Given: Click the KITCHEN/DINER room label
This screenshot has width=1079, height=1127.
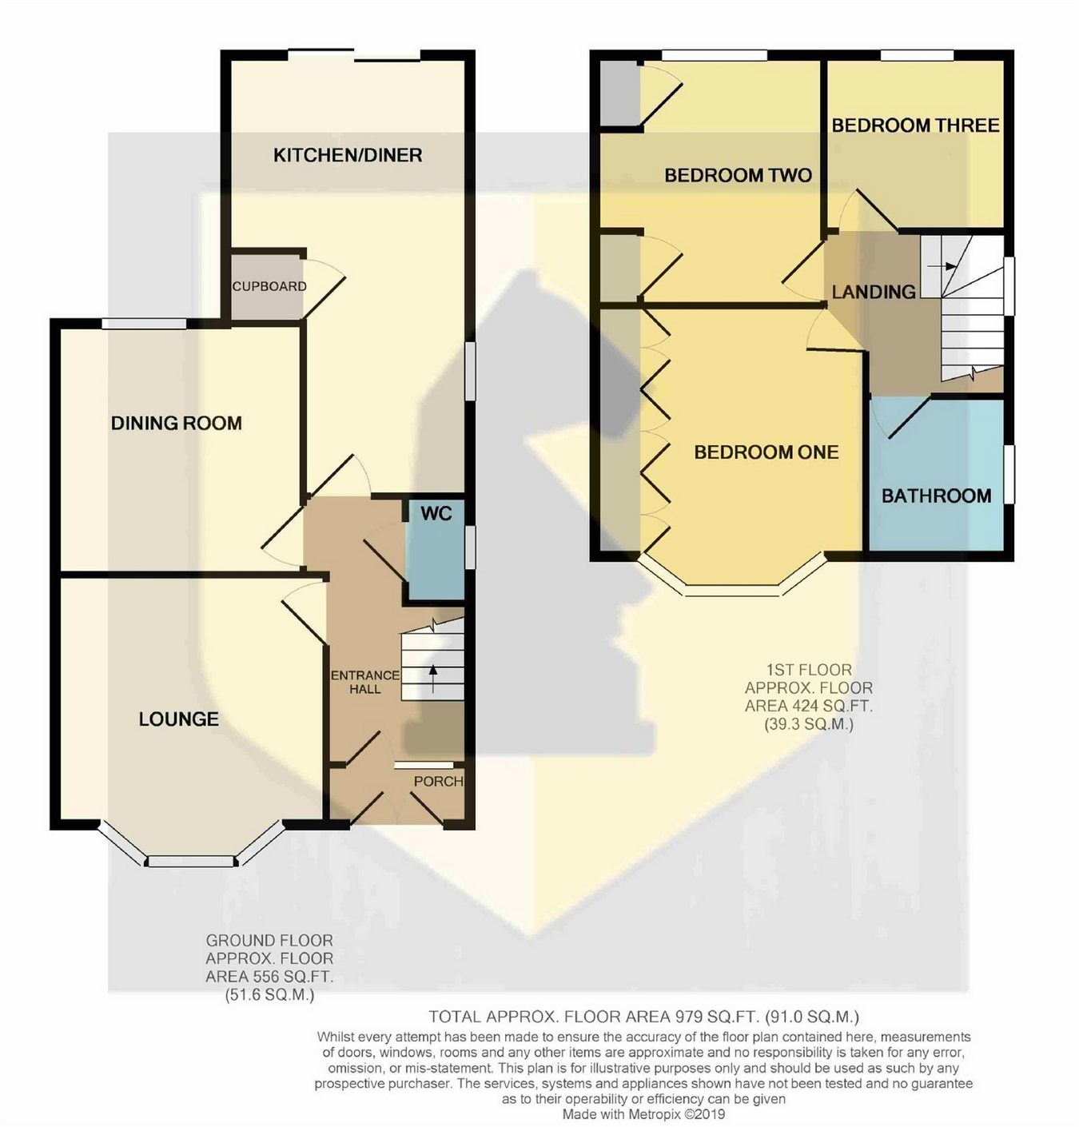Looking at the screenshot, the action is [x=348, y=155].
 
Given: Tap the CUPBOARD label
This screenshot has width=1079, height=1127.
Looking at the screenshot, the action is [x=269, y=286].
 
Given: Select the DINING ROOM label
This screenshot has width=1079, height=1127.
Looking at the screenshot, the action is [x=176, y=424].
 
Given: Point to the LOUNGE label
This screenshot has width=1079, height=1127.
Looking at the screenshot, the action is [x=178, y=719].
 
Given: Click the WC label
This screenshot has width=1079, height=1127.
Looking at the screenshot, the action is [x=436, y=513].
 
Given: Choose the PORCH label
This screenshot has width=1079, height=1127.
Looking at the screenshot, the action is [x=439, y=781].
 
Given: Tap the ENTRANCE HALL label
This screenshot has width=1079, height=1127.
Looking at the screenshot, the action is [x=365, y=683].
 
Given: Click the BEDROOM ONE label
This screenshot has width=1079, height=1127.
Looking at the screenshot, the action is [x=766, y=452].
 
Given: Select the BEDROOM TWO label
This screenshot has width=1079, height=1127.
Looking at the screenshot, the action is [x=738, y=176].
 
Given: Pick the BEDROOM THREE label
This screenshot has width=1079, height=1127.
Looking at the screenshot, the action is [x=916, y=125].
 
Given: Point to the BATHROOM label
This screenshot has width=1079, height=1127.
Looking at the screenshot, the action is [x=937, y=496].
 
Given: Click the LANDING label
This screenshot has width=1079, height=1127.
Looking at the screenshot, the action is [x=874, y=292].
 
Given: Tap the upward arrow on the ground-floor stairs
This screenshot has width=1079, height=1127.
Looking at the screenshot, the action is [x=432, y=678].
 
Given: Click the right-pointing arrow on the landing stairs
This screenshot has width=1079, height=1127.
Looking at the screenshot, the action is [x=942, y=266].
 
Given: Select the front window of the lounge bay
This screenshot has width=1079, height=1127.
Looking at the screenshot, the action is [x=190, y=862].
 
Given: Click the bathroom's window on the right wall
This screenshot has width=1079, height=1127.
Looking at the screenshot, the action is [x=1009, y=474].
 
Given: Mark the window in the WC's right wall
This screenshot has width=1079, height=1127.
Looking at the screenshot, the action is [x=470, y=548].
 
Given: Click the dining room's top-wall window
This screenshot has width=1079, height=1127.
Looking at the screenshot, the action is [x=144, y=324].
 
